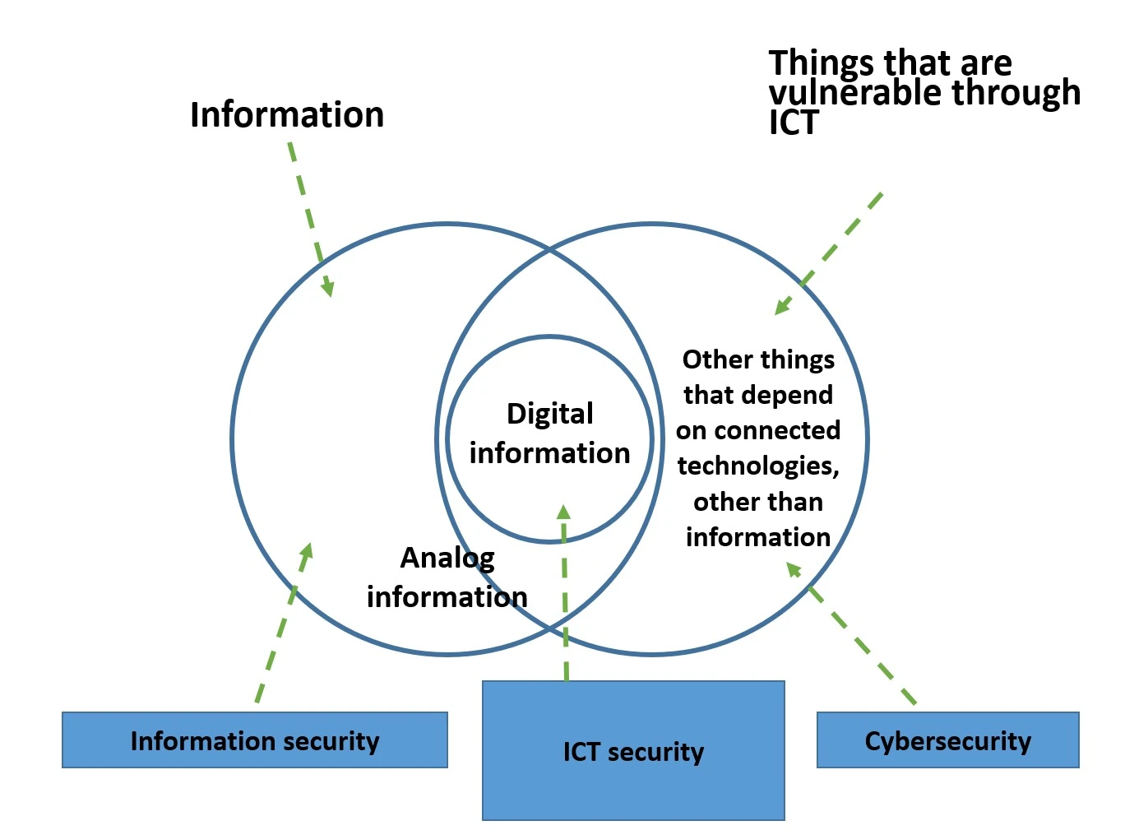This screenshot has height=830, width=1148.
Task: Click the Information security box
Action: click(x=255, y=740)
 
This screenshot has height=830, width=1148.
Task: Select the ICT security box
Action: click(x=633, y=751)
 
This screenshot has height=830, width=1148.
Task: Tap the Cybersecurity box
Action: click(x=947, y=740)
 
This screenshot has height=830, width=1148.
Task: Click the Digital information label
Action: click(x=549, y=434)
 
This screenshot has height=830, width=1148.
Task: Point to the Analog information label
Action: click(x=447, y=577)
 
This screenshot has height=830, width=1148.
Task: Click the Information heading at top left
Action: click(x=287, y=115)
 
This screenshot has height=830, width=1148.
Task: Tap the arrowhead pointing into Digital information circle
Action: click(x=563, y=512)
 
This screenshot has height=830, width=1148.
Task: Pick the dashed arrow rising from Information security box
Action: click(x=281, y=625)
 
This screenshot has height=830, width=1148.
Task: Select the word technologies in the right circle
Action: click(x=757, y=466)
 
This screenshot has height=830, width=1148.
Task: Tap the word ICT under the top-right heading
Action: click(x=794, y=123)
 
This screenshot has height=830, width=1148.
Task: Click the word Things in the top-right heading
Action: click(x=821, y=63)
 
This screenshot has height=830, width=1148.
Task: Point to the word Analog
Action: click(x=447, y=558)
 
